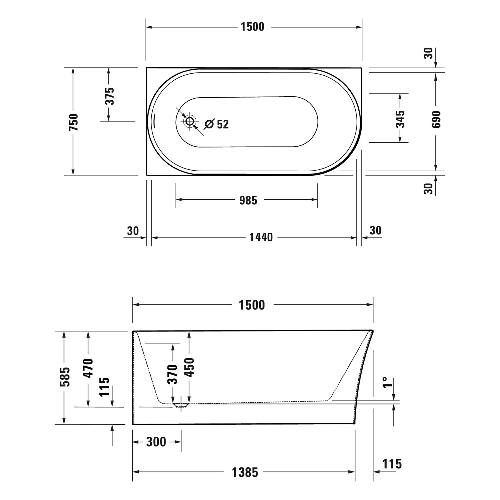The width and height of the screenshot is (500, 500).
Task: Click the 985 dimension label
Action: (x=248, y=200)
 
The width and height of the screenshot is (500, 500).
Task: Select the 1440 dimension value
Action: (x=261, y=237)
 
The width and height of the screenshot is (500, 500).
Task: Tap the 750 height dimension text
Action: (x=74, y=122)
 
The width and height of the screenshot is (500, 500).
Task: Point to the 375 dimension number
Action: (x=110, y=96)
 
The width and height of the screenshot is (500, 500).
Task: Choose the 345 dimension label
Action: (x=400, y=119)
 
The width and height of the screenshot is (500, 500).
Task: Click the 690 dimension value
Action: (x=436, y=119)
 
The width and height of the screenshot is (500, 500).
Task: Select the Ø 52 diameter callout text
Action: (x=217, y=124)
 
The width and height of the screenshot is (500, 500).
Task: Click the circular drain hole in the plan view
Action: (x=190, y=121)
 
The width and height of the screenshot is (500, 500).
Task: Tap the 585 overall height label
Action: (x=65, y=376)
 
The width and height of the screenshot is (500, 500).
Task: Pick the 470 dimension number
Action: (x=88, y=368)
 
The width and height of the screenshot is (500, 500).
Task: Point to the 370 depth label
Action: (x=172, y=374)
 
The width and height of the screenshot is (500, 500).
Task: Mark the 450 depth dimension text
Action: (x=189, y=367)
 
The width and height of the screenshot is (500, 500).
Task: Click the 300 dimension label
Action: (x=156, y=442)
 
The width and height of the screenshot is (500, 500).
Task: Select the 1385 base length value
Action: (x=245, y=472)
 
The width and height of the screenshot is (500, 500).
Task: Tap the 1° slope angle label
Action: (x=386, y=383)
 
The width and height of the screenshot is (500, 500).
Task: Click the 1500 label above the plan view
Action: (x=252, y=27)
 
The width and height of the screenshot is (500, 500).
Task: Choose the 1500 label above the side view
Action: (x=252, y=305)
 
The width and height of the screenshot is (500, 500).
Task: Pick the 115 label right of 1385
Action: (x=392, y=464)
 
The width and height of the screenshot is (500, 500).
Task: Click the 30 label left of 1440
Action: (x=133, y=231)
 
